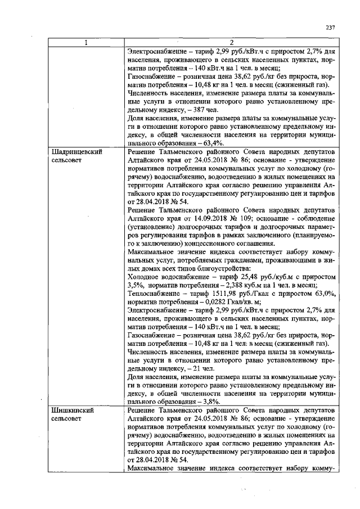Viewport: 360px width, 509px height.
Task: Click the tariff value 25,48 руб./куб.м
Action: pyautogui.click(x=253, y=277)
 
